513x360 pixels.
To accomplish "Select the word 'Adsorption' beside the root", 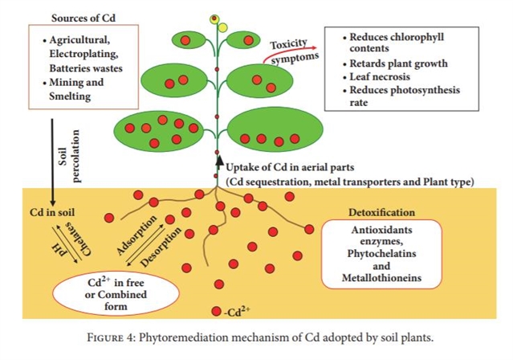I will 134,234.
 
